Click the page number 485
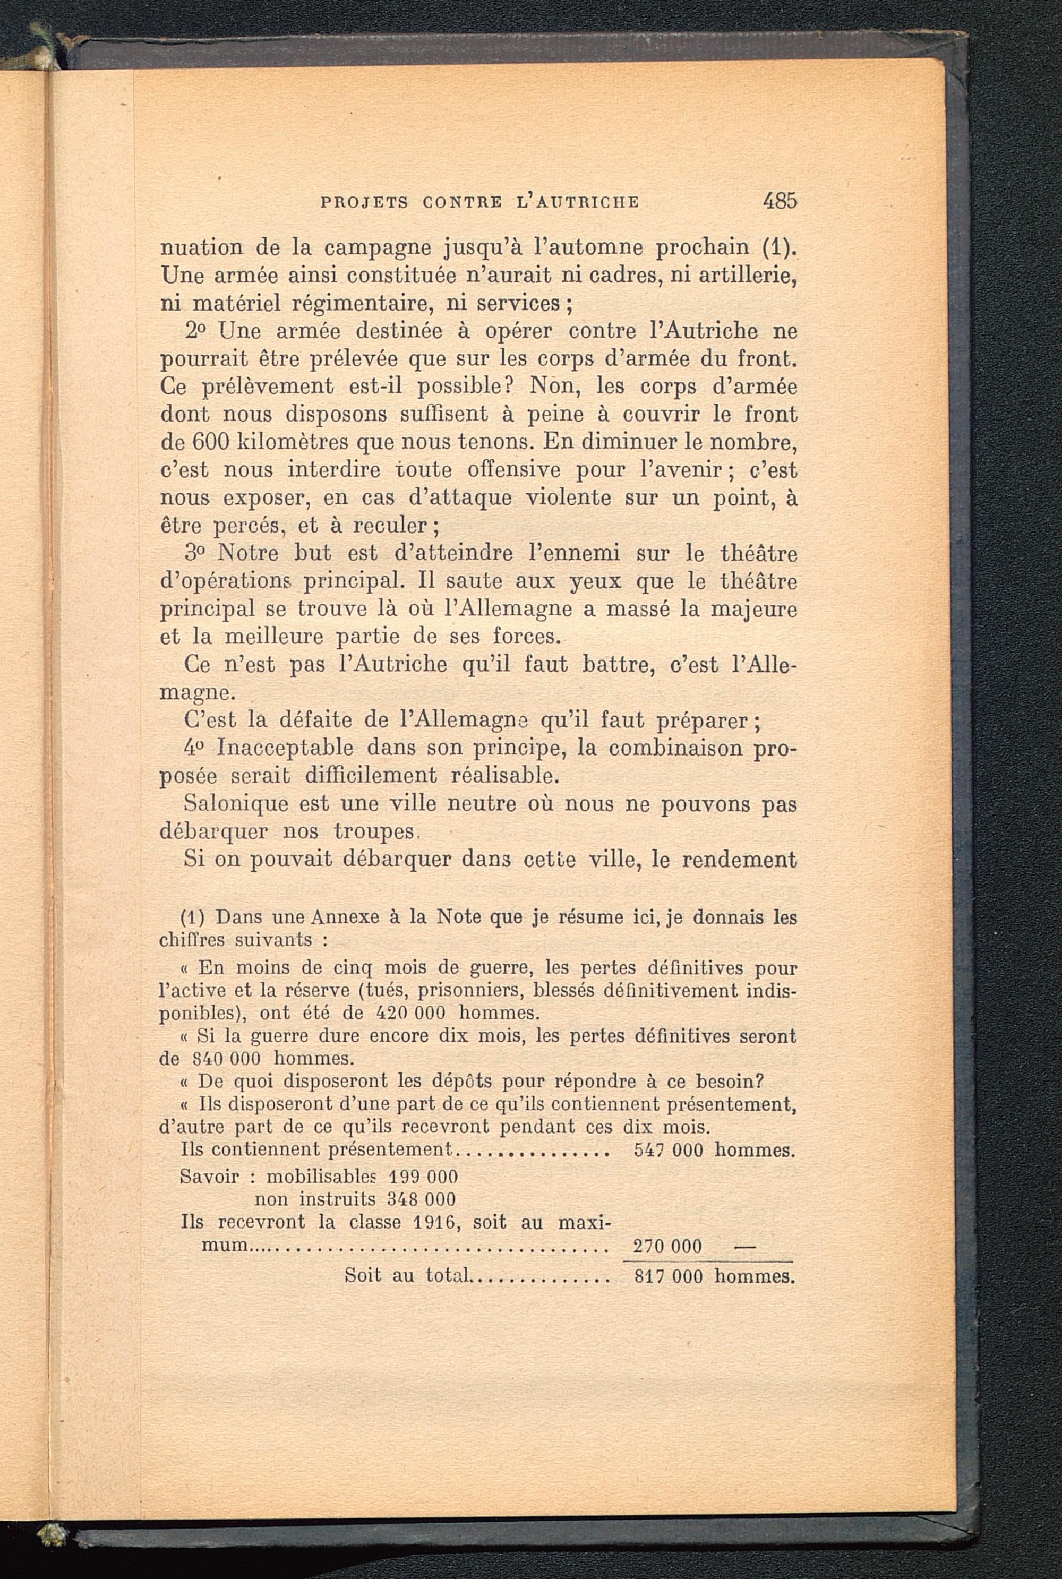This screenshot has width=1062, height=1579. tap(780, 201)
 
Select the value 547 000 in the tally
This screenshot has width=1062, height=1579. tap(669, 1149)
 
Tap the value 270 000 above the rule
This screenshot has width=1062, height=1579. tap(667, 1247)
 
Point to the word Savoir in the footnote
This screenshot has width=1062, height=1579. tap(209, 1176)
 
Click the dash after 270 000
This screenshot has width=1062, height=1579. tap(744, 1247)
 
